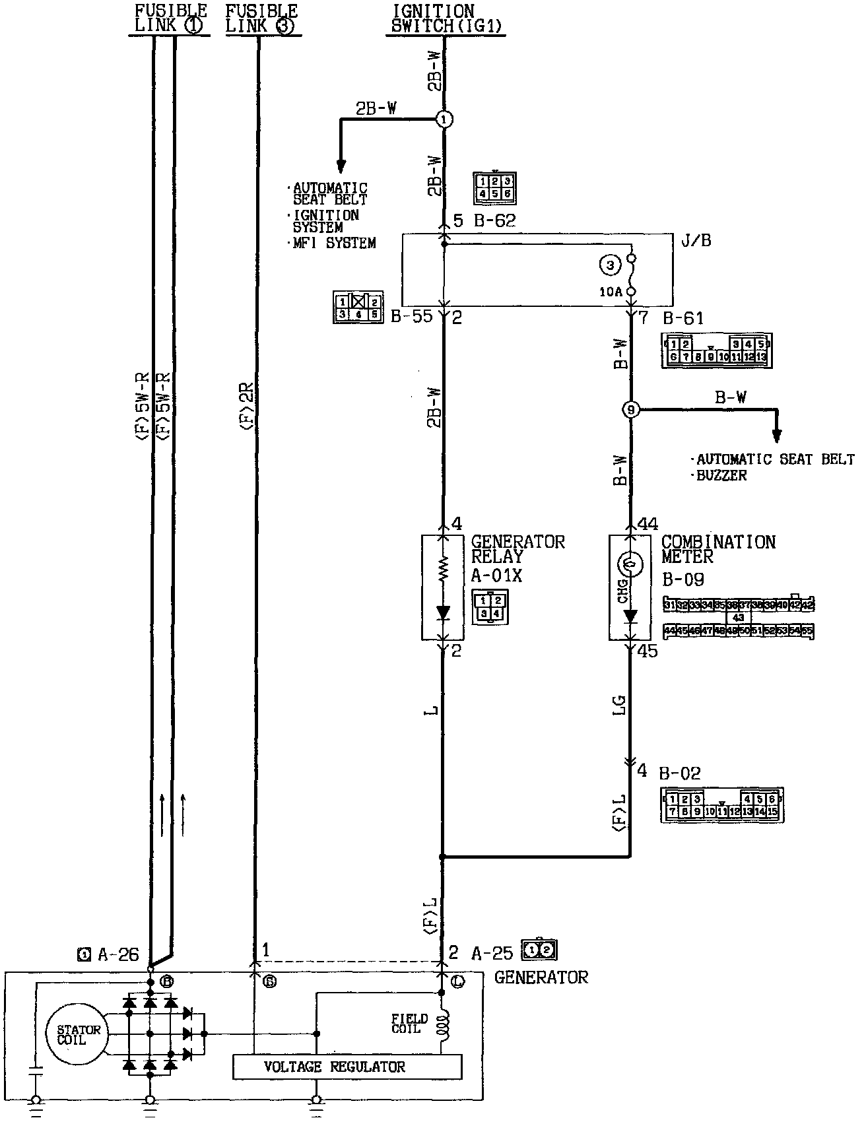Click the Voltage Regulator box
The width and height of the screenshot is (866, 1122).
tap(347, 1067)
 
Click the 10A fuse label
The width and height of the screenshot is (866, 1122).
tap(610, 292)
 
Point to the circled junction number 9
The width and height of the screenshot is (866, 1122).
tap(631, 411)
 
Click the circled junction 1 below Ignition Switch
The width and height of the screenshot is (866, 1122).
tap(444, 119)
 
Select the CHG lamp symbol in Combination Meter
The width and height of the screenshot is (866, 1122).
tap(630, 563)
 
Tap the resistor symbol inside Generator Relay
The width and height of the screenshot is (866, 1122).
tap(443, 567)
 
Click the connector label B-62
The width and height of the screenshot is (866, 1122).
tap(494, 221)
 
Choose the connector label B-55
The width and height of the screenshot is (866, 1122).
tap(411, 316)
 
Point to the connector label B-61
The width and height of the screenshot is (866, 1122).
tap(683, 319)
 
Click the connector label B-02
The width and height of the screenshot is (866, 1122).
tap(680, 773)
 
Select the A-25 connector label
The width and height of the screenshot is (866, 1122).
tap(492, 952)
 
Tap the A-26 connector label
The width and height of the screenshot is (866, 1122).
tap(118, 954)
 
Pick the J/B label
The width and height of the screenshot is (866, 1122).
tap(696, 240)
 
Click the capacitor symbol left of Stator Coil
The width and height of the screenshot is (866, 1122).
tap(36, 1071)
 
